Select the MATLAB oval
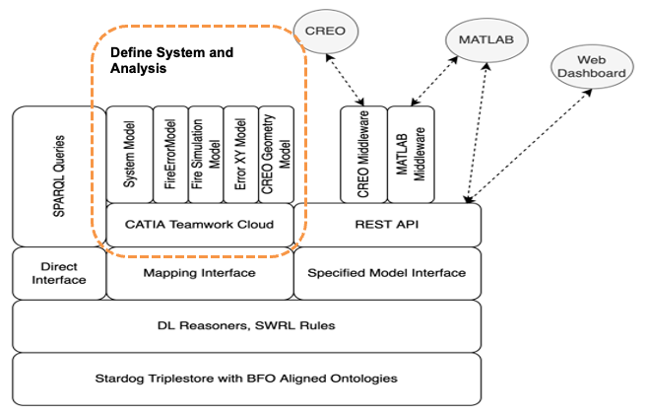click(x=486, y=40)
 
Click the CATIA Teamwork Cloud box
click(x=199, y=224)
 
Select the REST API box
click(x=387, y=224)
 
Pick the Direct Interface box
click(x=58, y=273)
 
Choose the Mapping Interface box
click(x=199, y=273)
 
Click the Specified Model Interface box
click(x=387, y=273)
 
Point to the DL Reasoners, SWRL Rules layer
click(x=246, y=325)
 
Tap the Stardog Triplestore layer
click(x=246, y=378)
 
